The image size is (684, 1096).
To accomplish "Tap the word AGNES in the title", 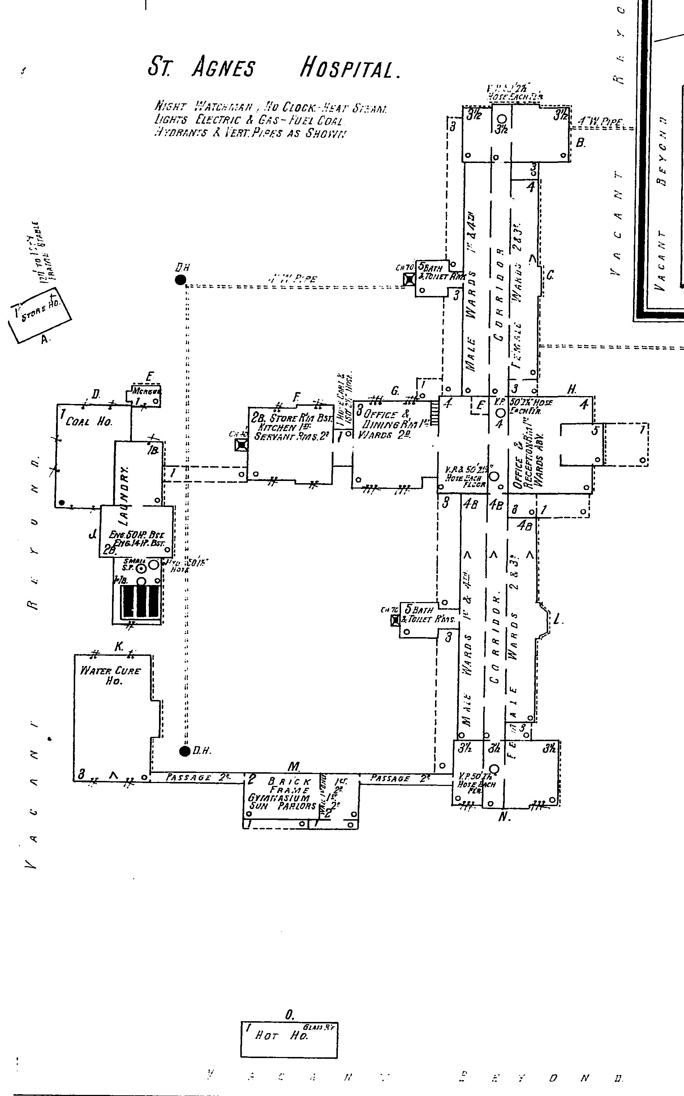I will point(223,68).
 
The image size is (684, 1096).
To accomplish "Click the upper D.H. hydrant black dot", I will point(181,280).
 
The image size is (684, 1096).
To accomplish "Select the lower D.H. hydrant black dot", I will point(185,751).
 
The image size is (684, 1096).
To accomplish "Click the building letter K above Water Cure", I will point(119,647).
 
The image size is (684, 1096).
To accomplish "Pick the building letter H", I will point(572,389).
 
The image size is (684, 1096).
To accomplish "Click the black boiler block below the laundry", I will point(140,601).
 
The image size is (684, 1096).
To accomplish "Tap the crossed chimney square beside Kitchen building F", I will point(242,445).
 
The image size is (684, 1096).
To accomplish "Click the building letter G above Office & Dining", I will point(395,391).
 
